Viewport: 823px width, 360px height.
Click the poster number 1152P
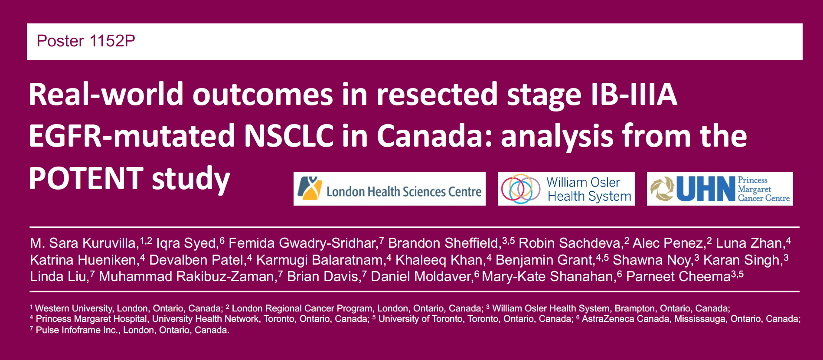pos(112,41)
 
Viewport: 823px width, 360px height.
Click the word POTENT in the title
pos(86,178)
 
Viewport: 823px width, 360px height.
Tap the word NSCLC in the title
pos(289,136)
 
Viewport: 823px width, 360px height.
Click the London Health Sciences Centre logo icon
pos(310,189)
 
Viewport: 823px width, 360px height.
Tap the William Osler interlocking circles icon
pos(520,189)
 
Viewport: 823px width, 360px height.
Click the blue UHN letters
pos(705,189)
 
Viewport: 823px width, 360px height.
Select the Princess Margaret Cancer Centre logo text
pos(764,189)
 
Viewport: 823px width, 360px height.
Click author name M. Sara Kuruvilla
pos(83,243)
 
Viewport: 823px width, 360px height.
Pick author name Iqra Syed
pos(186,243)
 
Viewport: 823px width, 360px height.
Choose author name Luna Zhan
pos(748,243)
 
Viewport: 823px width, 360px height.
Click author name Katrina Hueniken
pos(83,260)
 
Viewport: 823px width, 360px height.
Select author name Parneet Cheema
pos(678,276)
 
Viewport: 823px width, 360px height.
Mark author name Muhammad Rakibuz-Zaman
pos(186,276)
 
